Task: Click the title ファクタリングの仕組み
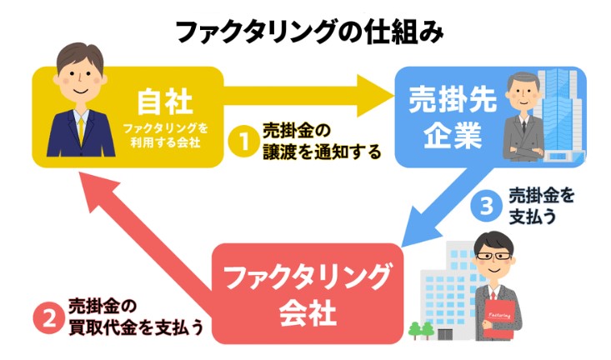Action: (305, 31)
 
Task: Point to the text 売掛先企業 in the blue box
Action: (454, 117)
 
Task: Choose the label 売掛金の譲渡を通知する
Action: (321, 142)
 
